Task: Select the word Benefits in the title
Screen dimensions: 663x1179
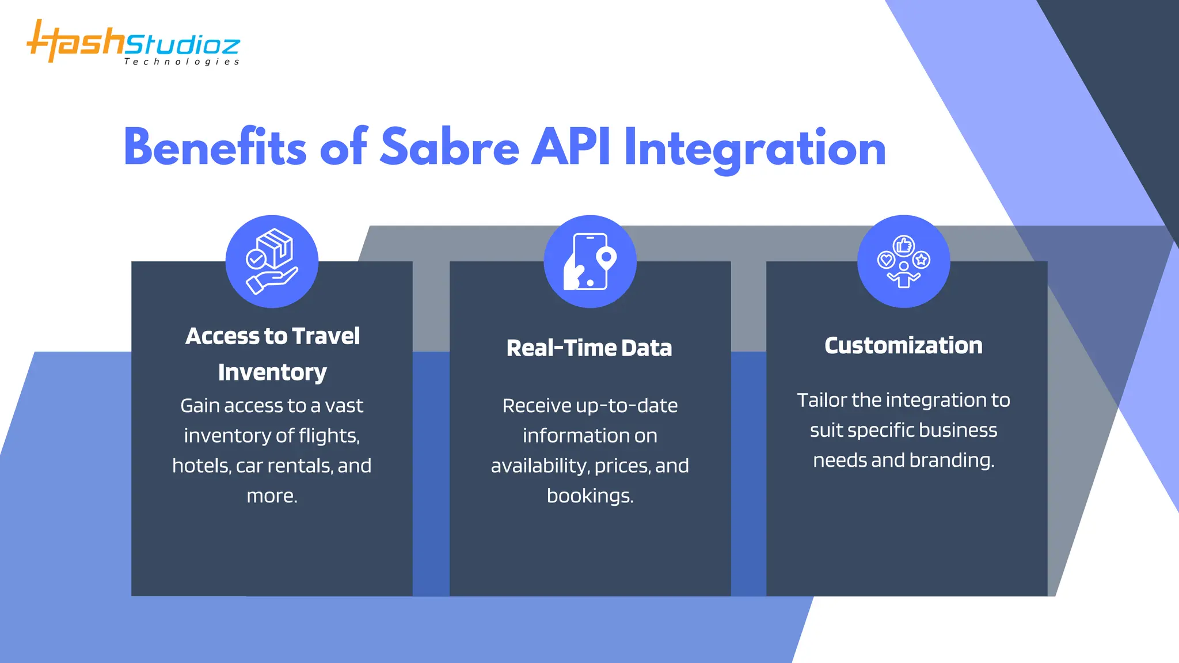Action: coord(215,148)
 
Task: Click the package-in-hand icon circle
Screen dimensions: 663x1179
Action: coord(272,261)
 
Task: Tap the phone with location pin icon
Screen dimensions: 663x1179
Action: coord(590,261)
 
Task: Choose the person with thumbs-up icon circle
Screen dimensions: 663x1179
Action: coord(903,261)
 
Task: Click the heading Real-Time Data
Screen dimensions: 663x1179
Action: coord(589,348)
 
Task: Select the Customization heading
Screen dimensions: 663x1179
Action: coord(903,345)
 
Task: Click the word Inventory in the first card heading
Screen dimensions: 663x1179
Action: coord(272,373)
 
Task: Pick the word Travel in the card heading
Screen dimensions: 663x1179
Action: coord(326,336)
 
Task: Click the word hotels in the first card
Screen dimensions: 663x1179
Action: coord(201,466)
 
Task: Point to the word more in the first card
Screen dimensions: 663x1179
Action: coord(271,496)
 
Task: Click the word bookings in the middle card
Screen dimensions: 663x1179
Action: coord(589,496)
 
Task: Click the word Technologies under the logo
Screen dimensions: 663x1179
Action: coord(181,62)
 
